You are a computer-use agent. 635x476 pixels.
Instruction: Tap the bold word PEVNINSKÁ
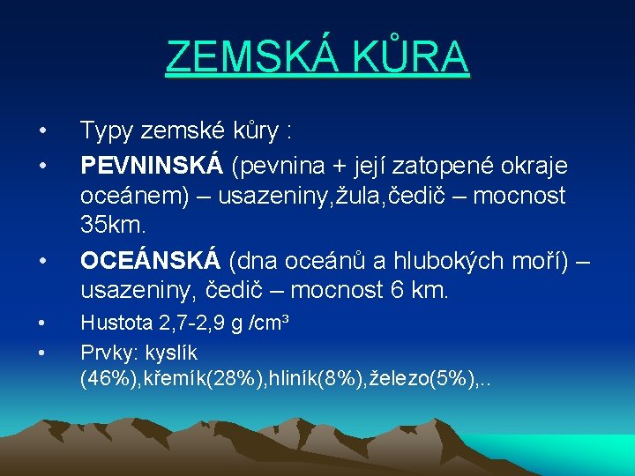(152, 165)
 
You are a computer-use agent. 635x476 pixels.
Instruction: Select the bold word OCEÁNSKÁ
(150, 261)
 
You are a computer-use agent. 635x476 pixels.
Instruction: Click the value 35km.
(113, 225)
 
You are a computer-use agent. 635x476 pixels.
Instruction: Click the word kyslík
(172, 352)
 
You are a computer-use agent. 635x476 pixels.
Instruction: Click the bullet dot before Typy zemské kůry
(41, 132)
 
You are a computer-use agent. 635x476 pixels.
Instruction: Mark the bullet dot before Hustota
(41, 324)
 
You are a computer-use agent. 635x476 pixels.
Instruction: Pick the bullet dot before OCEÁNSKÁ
(41, 261)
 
